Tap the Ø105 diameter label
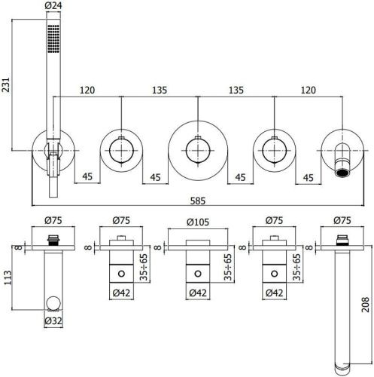coord(197,222)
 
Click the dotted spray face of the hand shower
coord(53,36)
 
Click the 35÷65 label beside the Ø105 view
coord(228,265)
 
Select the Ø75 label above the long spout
coord(342,222)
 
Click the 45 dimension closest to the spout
coord(308,178)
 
